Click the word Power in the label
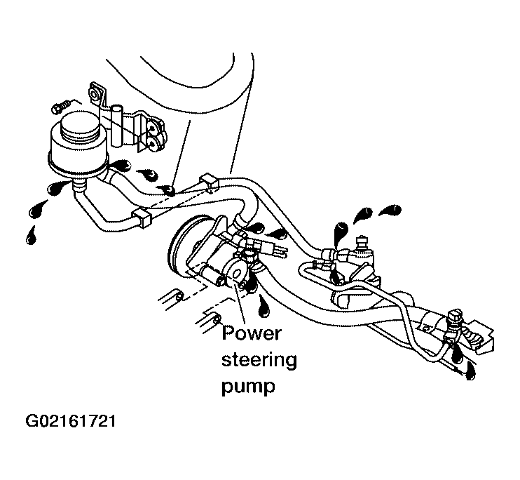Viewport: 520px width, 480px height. click(x=252, y=333)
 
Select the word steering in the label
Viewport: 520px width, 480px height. click(x=259, y=361)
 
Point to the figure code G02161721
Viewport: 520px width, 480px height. click(x=71, y=421)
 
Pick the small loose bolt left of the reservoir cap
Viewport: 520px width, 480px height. click(x=61, y=107)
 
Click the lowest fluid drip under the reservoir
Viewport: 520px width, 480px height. click(x=31, y=236)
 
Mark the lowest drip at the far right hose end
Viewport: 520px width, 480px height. click(x=470, y=371)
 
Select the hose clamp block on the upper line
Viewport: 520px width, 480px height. click(x=208, y=182)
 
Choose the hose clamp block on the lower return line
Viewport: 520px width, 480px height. click(x=142, y=218)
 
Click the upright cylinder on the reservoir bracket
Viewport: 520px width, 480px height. click(x=117, y=126)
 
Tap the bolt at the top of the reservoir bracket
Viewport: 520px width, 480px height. click(x=95, y=95)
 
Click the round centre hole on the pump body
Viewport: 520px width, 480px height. click(x=237, y=272)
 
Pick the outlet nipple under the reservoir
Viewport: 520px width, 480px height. click(x=79, y=186)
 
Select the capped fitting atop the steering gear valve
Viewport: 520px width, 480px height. click(x=361, y=241)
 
